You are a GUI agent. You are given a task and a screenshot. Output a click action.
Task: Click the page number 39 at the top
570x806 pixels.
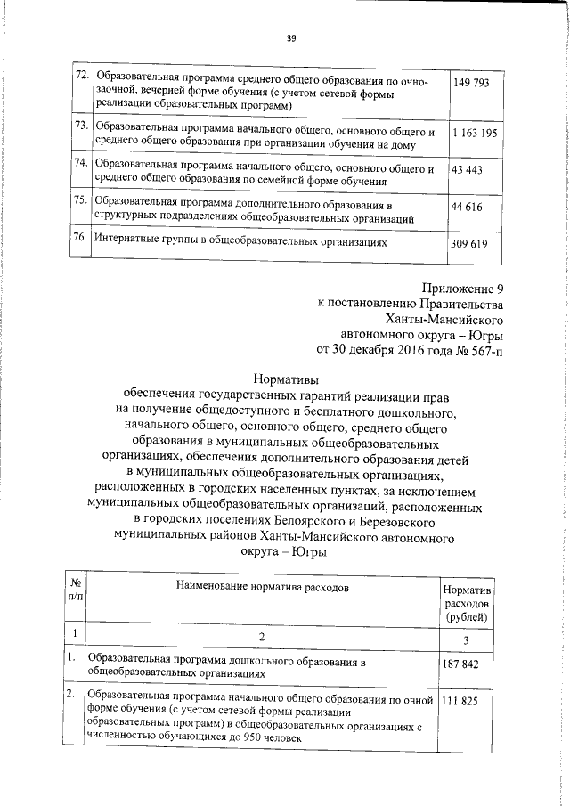pyautogui.click(x=291, y=37)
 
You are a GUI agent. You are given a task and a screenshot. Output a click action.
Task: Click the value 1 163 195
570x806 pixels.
pyautogui.click(x=474, y=133)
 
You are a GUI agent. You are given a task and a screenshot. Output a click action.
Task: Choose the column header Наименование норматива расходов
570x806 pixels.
pyautogui.click(x=256, y=588)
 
